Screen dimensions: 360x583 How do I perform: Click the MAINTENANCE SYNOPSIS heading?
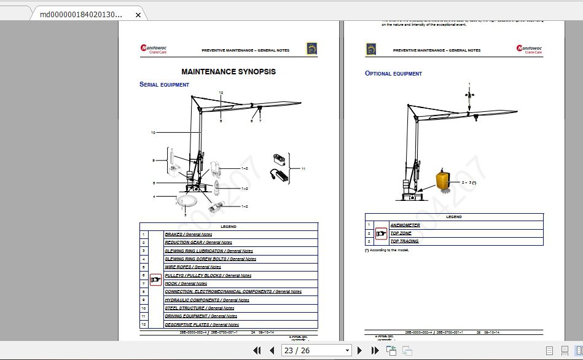(228, 72)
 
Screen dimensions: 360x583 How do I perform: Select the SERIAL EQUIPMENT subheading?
(164, 85)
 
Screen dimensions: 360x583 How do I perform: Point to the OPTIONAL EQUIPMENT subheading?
(393, 74)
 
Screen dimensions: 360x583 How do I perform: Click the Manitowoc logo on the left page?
(150, 49)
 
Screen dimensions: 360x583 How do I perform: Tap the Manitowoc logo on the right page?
(530, 49)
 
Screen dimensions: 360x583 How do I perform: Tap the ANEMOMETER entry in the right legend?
(405, 225)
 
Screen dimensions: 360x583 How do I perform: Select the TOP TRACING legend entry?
(404, 241)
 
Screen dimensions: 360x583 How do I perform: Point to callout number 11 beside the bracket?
(303, 169)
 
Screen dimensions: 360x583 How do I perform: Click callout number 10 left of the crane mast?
(153, 133)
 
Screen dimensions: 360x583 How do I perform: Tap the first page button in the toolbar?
(257, 350)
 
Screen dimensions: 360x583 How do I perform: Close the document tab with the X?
(138, 14)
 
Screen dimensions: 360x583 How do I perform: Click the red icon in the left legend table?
(155, 280)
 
